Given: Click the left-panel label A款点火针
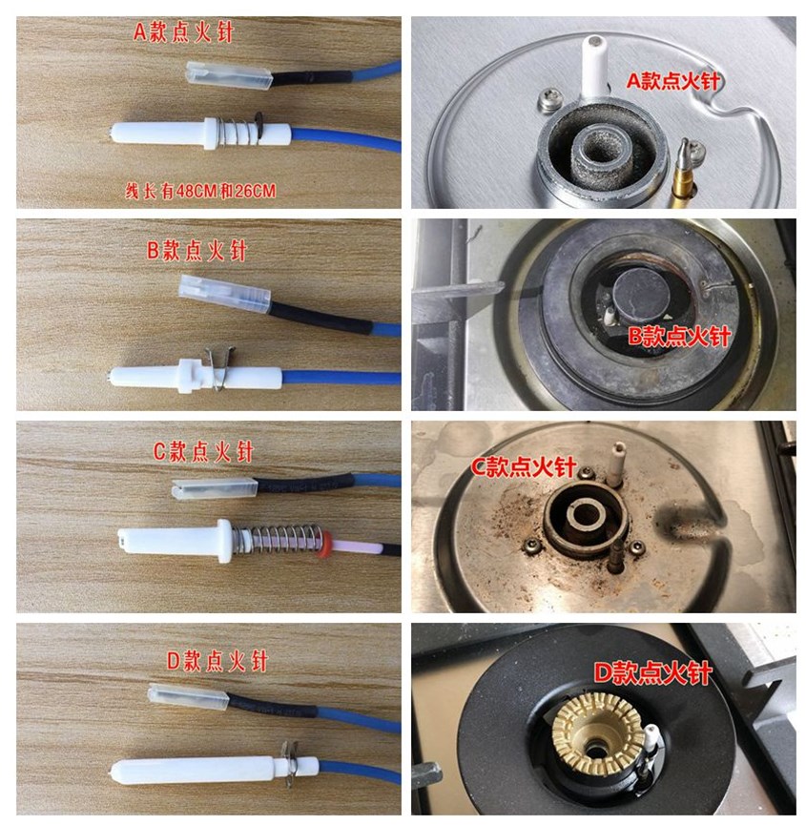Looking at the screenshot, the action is click(183, 32).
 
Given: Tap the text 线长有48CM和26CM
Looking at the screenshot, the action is click(200, 191).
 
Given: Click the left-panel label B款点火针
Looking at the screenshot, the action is click(196, 251).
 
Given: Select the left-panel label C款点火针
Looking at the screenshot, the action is click(203, 451).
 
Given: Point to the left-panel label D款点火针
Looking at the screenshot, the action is click(217, 661).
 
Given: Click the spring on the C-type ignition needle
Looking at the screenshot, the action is click(278, 539).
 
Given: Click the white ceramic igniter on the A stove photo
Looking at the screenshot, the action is click(594, 67).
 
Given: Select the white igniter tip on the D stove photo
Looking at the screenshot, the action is click(651, 738).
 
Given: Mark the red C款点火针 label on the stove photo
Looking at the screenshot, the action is click(523, 466).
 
